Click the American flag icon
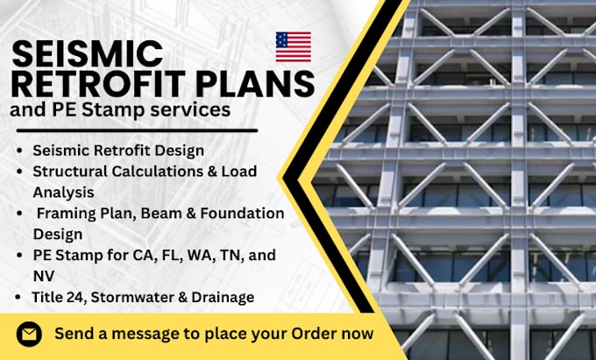click(x=293, y=46)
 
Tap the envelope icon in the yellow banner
click(x=30, y=334)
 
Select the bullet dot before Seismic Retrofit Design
click(x=19, y=151)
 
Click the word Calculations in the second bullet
click(x=139, y=171)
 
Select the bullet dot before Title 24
click(x=19, y=297)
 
